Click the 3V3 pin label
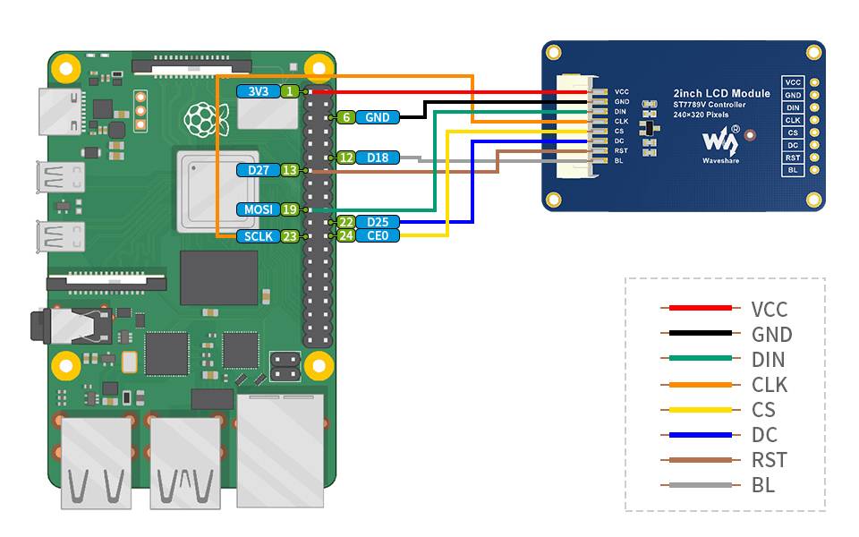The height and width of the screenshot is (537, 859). coord(258,91)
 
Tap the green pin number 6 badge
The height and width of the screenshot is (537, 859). coord(345,117)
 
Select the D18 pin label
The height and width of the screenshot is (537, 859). coord(378,158)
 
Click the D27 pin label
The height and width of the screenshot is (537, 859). coord(258,170)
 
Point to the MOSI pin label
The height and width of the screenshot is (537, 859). coord(258,209)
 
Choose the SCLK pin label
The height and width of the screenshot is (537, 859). coord(258,236)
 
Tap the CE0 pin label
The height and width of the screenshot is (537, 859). coord(378,235)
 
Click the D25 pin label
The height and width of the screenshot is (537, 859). coord(378,222)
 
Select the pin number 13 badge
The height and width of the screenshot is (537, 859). coord(289,170)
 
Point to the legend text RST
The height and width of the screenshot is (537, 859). coord(770,460)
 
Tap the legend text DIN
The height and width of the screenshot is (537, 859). coord(769,360)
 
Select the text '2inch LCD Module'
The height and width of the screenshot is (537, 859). coord(721,93)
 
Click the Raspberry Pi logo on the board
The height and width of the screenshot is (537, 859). coord(200,116)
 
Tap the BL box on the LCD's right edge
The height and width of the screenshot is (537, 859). coord(793,170)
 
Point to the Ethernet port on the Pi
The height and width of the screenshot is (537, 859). coord(279,447)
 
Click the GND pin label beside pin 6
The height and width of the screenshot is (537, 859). coord(378,117)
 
